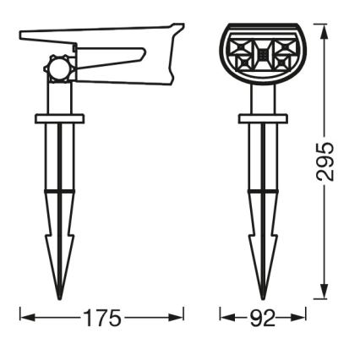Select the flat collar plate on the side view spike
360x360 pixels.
click(59, 118)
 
